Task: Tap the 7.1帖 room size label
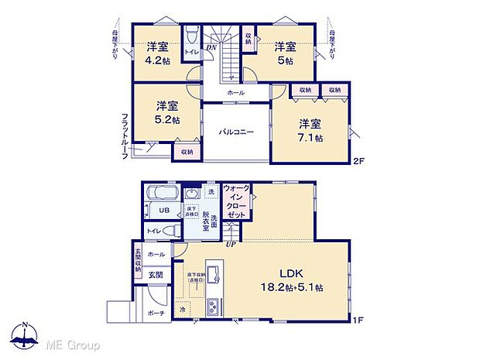[x=310, y=137]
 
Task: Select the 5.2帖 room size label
[x=166, y=120]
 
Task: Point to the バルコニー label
[x=235, y=132]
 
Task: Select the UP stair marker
[x=230, y=245]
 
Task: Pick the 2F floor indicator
[x=358, y=161]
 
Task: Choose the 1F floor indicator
[x=358, y=317]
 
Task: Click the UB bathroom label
[x=165, y=211]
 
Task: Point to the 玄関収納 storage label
[x=139, y=259]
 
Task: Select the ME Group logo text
[x=73, y=343]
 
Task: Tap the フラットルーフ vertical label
[x=124, y=136]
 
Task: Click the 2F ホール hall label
[x=236, y=93]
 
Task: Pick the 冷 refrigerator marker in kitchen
[x=183, y=310]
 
